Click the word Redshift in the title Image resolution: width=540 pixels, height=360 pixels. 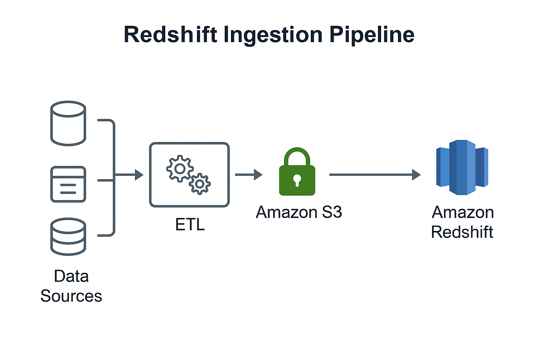point(171,35)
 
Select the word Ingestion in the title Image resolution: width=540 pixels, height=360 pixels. point(273,35)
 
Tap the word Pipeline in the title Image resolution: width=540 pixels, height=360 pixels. point(372,35)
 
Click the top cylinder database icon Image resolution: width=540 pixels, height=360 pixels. point(68,123)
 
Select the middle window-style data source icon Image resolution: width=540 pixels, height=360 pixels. point(68,184)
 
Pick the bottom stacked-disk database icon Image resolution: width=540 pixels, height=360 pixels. point(68,237)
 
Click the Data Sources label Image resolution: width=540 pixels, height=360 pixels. point(71,286)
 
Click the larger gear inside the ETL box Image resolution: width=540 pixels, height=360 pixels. point(180,168)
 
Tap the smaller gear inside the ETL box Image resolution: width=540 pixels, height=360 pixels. point(200,184)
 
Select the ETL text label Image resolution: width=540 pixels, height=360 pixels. point(190,225)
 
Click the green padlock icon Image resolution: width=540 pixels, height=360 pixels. point(297,179)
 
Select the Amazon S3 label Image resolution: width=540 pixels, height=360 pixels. point(299,212)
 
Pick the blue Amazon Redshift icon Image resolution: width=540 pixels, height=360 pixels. point(462,167)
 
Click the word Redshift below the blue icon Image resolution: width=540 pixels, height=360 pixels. point(462,232)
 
